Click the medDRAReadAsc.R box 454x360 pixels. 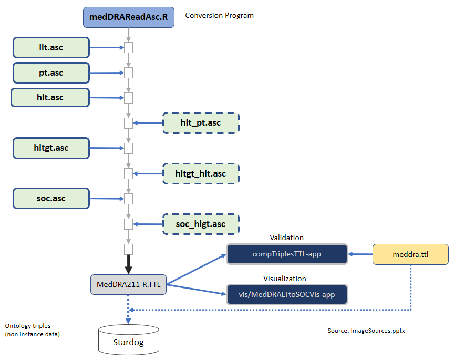pyautogui.click(x=129, y=17)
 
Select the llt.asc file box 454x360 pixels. pyautogui.click(x=51, y=48)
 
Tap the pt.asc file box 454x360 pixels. pyautogui.click(x=51, y=73)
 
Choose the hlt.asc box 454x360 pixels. pyautogui.click(x=50, y=97)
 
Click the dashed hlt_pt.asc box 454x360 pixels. pyautogui.click(x=201, y=123)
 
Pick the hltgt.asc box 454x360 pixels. pyautogui.click(x=51, y=148)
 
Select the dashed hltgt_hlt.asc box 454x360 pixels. pyautogui.click(x=201, y=173)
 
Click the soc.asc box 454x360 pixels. pyautogui.click(x=51, y=198)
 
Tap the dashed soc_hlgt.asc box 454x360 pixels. pyautogui.click(x=201, y=224)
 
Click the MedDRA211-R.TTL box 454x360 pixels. pyautogui.click(x=128, y=285)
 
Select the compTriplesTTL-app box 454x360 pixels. pyautogui.click(x=287, y=254)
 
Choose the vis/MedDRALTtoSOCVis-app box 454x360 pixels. pyautogui.click(x=287, y=294)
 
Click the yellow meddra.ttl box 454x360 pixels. pyautogui.click(x=410, y=254)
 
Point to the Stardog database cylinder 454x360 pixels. pyautogui.click(x=128, y=341)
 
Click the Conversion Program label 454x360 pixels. pyautogui.click(x=219, y=15)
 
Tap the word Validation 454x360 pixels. pyautogui.click(x=286, y=238)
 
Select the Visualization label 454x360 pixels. pyautogui.click(x=284, y=279)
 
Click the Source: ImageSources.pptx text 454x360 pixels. pyautogui.click(x=365, y=331)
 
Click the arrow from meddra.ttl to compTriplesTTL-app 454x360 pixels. pyautogui.click(x=360, y=254)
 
